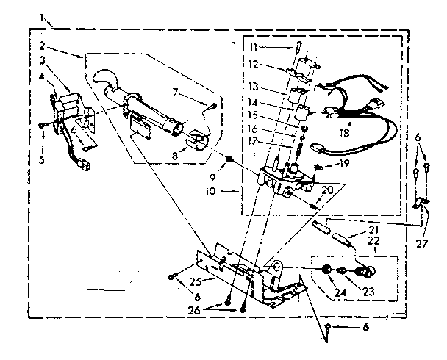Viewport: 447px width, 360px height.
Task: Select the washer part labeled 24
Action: click(x=324, y=271)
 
